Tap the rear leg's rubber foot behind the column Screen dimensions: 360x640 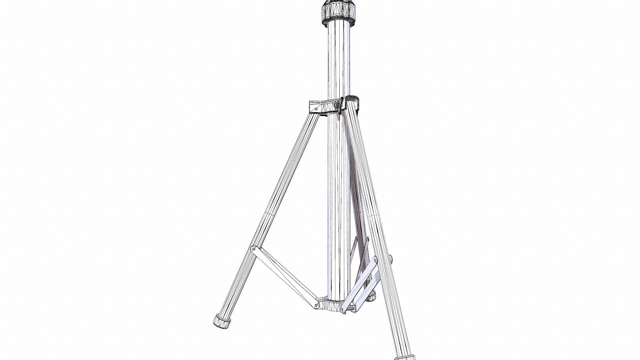[371, 295]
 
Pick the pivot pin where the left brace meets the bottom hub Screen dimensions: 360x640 [315, 304]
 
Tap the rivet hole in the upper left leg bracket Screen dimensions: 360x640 [315, 109]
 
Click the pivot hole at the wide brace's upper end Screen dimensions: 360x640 [374, 261]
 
